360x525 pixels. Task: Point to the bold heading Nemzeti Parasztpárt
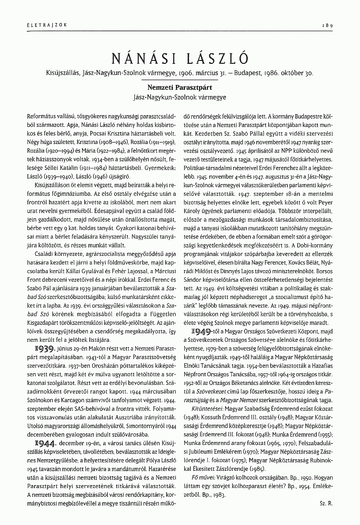click(180, 88)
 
